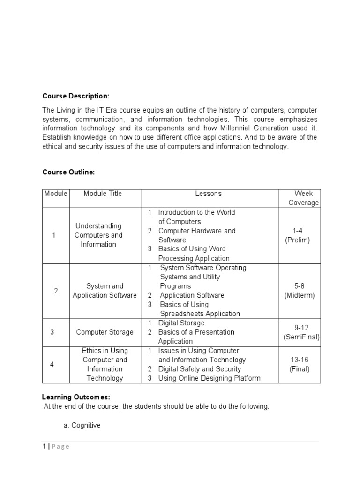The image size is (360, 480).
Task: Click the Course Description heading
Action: (75, 96)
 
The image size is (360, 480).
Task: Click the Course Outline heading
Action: (68, 172)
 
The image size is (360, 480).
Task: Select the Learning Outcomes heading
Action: (76, 397)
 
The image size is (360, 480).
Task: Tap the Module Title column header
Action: (103, 194)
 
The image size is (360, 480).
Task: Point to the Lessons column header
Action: (209, 194)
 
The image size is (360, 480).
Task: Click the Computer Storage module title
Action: (105, 332)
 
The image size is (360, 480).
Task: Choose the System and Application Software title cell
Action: (105, 291)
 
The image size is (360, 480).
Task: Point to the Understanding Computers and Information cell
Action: (98, 235)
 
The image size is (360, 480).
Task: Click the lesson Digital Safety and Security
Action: (199, 369)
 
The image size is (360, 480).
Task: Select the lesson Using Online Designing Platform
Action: (209, 378)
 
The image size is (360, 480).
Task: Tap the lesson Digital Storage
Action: (181, 323)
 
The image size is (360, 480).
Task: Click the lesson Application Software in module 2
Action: (192, 295)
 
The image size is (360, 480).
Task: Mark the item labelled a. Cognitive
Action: (82, 425)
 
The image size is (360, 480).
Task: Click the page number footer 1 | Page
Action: (56, 446)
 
